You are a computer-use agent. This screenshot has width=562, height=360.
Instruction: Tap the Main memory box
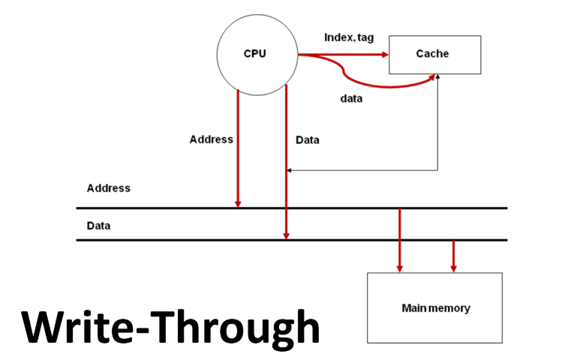click(434, 307)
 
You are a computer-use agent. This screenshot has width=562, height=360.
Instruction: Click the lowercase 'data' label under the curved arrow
click(351, 98)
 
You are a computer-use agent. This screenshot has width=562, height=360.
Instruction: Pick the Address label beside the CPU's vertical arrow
click(212, 139)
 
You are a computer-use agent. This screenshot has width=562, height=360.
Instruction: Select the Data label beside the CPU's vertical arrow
click(308, 139)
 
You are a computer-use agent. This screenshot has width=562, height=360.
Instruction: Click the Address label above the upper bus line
click(108, 188)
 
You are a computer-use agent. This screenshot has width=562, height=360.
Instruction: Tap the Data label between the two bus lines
click(99, 225)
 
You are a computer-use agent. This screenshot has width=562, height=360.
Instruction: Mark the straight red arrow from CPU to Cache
click(341, 55)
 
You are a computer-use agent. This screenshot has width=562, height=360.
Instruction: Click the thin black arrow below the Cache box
click(438, 127)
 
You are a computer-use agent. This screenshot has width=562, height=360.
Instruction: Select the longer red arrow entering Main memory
click(399, 240)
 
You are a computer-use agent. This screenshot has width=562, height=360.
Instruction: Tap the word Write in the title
click(75, 328)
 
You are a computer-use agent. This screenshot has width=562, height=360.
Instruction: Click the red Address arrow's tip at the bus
click(238, 204)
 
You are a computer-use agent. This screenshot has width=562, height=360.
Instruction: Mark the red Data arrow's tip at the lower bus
click(286, 236)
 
